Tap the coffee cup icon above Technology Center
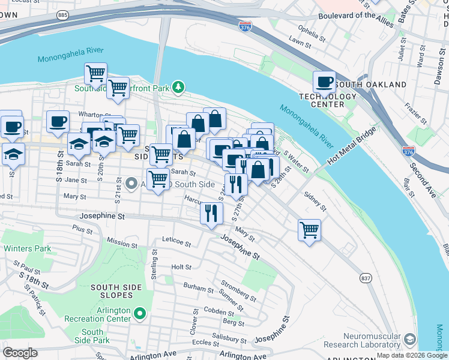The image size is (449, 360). click(x=325, y=82)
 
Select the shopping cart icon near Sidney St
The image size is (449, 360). click(x=309, y=230)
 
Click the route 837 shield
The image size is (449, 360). click(x=366, y=278)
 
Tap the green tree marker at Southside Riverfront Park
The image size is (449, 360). click(x=178, y=88)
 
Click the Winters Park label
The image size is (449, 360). click(x=27, y=248)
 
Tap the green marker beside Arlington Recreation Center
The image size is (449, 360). click(x=140, y=313)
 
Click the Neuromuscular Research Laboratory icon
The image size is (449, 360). click(x=410, y=340)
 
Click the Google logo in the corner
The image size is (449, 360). click(x=20, y=353)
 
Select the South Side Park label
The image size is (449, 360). click(x=92, y=336)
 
